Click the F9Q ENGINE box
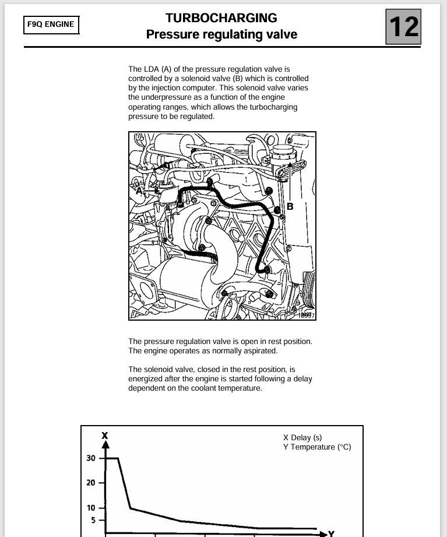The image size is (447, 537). click(x=51, y=24)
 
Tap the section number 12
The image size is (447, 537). click(x=403, y=26)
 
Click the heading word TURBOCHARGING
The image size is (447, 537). click(x=221, y=18)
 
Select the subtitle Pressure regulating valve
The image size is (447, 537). click(x=221, y=34)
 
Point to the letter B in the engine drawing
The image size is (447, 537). click(x=290, y=206)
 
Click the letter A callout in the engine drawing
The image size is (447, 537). click(x=139, y=189)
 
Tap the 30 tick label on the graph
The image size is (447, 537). click(x=91, y=458)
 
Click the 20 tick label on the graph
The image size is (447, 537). click(x=91, y=483)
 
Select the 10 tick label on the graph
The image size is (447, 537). click(x=91, y=508)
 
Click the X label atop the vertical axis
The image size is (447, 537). click(x=105, y=435)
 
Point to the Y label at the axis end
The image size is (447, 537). click(x=332, y=533)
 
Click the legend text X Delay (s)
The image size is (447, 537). click(x=302, y=437)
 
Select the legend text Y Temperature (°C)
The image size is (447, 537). click(x=317, y=447)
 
